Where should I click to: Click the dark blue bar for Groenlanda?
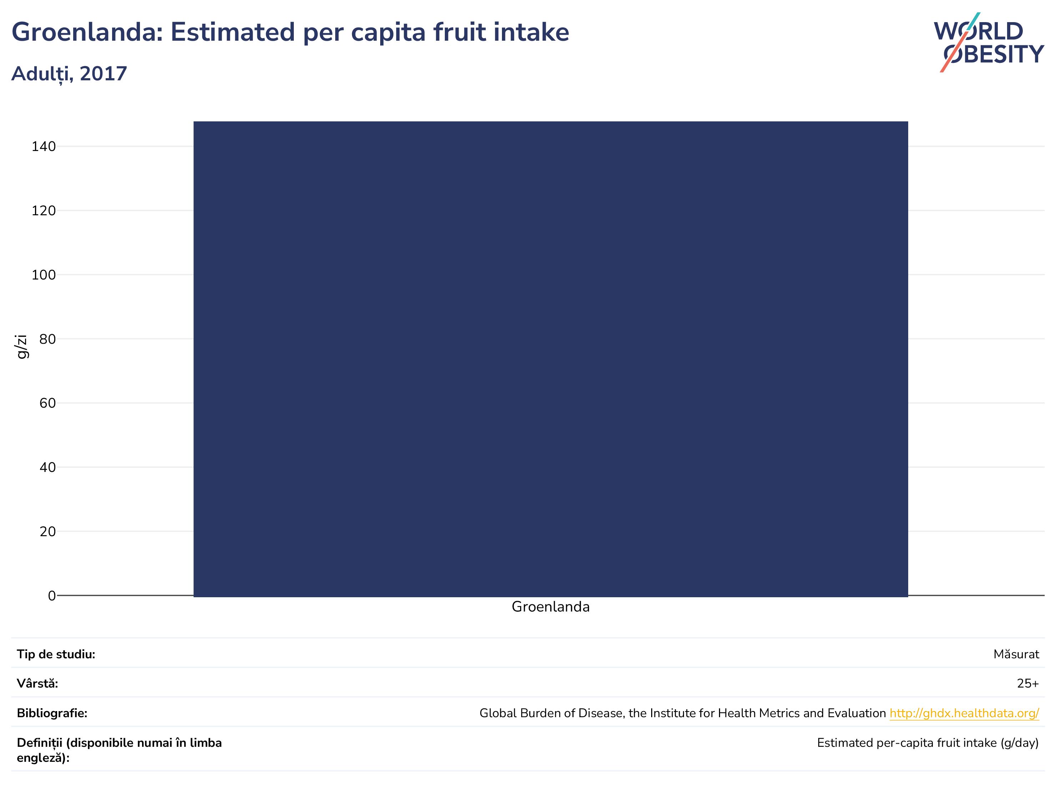(x=550, y=359)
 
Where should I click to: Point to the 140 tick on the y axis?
(x=44, y=147)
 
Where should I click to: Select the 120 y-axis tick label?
(x=44, y=211)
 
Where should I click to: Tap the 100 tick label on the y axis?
(x=44, y=275)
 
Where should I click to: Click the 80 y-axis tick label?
(x=48, y=339)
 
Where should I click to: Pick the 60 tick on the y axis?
(x=48, y=403)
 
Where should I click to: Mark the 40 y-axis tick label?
(x=48, y=467)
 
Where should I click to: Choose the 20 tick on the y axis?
(x=48, y=531)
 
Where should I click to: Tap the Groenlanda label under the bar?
(x=550, y=607)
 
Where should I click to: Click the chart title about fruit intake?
(x=290, y=32)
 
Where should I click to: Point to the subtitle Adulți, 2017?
(x=69, y=74)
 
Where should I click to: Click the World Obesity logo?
(x=989, y=42)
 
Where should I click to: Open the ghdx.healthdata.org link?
(x=964, y=713)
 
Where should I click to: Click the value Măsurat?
(x=1016, y=654)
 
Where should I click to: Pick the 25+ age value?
(x=1028, y=684)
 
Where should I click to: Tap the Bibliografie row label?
(x=52, y=713)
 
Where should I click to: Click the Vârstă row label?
(x=37, y=684)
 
